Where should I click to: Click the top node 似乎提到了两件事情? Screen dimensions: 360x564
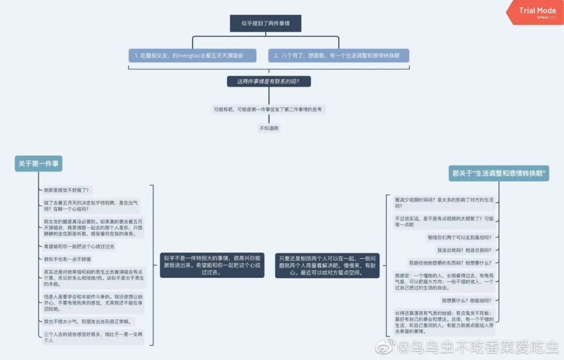[x=265, y=24]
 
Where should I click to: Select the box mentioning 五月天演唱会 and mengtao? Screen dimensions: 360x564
[x=193, y=55]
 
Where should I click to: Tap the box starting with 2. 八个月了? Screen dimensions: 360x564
[x=338, y=55]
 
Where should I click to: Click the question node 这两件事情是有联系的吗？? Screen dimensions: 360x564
[x=269, y=82]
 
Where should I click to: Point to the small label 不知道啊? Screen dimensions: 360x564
[x=269, y=128]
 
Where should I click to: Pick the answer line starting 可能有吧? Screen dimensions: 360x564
[x=269, y=110]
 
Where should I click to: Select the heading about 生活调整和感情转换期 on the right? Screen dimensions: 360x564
[x=498, y=173]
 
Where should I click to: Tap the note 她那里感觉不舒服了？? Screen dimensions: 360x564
[x=67, y=190]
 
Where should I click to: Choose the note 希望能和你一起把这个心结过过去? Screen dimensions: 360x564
[x=79, y=246]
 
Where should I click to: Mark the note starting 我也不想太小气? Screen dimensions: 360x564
[x=88, y=321]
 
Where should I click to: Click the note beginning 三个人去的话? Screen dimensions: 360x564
[x=93, y=337]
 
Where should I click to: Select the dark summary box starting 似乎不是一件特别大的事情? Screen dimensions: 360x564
[x=212, y=265]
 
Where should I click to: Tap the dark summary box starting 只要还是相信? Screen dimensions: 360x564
[x=327, y=265]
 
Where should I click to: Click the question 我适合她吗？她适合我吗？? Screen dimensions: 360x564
[x=464, y=250]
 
